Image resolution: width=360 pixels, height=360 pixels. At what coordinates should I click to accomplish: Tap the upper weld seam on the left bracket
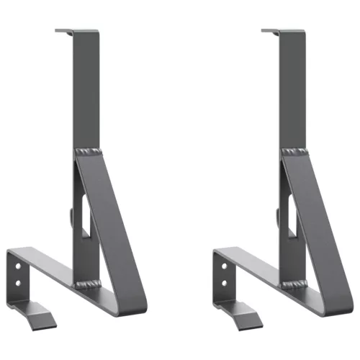[86, 152]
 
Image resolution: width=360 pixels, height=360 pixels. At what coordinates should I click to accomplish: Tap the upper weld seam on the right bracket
[292, 152]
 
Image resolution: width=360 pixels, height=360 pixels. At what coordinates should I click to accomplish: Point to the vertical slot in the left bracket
[85, 216]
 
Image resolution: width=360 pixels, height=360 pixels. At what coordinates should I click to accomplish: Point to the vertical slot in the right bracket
[291, 216]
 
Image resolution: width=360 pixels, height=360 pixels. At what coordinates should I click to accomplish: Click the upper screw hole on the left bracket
[19, 266]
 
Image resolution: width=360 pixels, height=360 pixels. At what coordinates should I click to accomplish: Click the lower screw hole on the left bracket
[19, 277]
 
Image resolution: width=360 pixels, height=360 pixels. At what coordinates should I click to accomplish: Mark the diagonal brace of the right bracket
[315, 216]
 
